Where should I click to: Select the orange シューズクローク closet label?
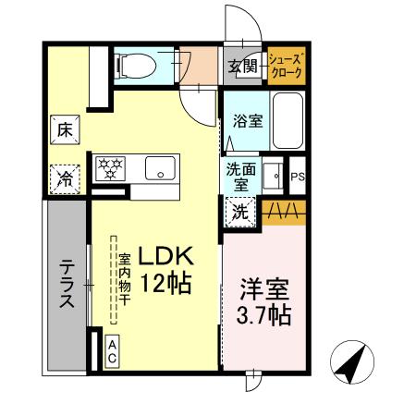pos(286,67)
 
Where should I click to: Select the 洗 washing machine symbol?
pos(239,210)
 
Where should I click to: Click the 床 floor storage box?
pos(66,129)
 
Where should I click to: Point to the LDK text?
pos(166,256)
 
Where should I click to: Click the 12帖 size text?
pos(166,284)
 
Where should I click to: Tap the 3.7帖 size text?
pos(263,315)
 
